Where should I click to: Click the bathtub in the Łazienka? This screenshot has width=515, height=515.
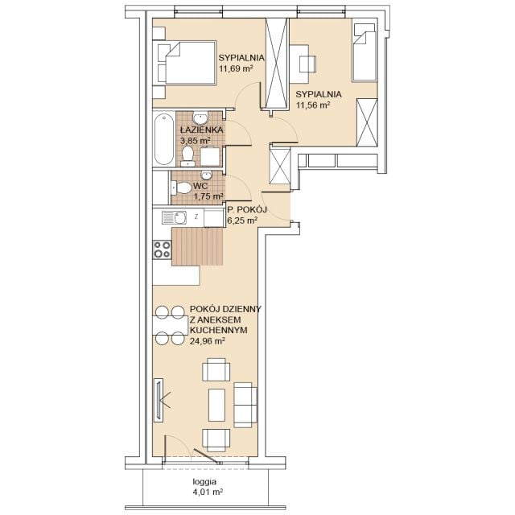pos(163,139)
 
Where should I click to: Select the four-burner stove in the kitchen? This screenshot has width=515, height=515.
pos(163,249)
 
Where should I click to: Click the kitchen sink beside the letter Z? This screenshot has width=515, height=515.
pos(175,218)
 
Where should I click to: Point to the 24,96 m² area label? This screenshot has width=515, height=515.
pos(207,341)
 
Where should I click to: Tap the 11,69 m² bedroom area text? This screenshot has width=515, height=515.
pos(236,68)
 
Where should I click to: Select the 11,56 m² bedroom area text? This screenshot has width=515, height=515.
pos(313,105)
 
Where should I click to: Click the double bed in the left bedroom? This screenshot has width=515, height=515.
pos(186,63)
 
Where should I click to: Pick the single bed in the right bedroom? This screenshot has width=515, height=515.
pos(364,52)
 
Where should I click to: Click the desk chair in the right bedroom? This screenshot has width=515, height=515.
pos(307,64)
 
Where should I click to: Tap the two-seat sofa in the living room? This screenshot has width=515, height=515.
pos(245,405)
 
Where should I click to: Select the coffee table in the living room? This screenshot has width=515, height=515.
pos(216,405)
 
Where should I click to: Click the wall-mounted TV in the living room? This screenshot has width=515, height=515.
pos(159,400)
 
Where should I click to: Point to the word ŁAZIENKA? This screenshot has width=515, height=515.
pos(202,130)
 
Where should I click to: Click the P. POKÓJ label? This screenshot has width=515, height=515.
pos(247,209)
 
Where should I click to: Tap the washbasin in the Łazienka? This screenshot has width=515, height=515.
pos(200,117)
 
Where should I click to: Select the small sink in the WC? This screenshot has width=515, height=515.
pos(207,175)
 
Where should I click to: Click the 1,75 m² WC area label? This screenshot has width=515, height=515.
pos(208,196)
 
